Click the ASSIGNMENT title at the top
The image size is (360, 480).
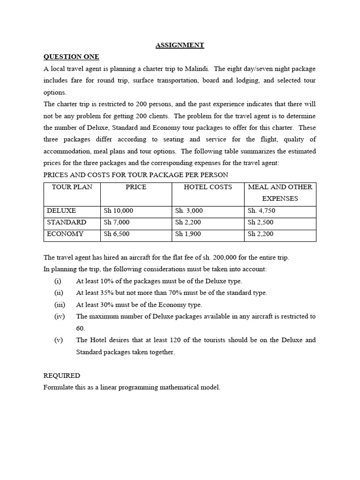(180, 45)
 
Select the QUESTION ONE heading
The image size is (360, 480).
(71, 57)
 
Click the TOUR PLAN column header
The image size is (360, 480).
(72, 187)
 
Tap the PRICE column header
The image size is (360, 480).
(136, 187)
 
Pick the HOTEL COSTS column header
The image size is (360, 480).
(208, 187)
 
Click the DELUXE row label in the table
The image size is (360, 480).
(61, 211)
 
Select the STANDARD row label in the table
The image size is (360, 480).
(66, 222)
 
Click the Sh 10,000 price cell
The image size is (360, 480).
(118, 211)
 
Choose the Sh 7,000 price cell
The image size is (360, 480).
(116, 222)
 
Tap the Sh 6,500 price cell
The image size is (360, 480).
(116, 234)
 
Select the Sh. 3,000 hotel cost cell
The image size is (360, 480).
(189, 211)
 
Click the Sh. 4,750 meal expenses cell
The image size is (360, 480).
(261, 211)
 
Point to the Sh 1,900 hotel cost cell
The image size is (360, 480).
(188, 234)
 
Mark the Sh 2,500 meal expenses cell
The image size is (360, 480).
(260, 222)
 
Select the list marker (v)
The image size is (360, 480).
(58, 340)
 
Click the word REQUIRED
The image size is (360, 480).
(61, 375)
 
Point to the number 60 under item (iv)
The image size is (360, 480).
(81, 328)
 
